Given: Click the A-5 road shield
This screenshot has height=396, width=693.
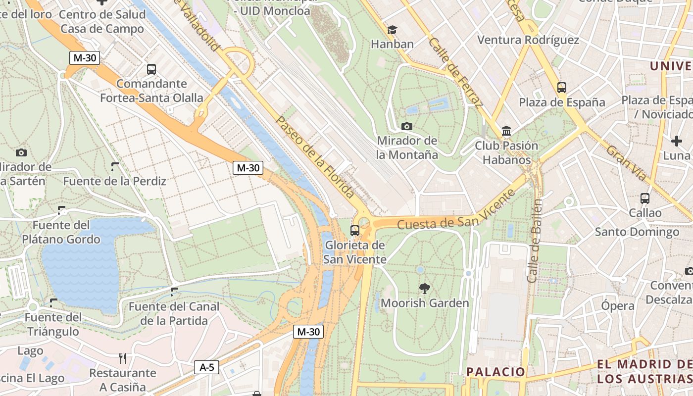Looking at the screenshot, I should pos(206,367).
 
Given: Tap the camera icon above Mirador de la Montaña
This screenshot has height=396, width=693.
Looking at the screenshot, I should pos(407,126).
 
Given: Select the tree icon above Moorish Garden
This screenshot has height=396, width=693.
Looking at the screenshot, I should pos(424,288).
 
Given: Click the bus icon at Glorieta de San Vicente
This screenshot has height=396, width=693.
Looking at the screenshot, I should pos(354,230).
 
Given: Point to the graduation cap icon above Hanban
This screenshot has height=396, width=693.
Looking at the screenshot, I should pos(392,30).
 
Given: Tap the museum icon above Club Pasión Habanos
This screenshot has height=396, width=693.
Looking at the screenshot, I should pos(506,131).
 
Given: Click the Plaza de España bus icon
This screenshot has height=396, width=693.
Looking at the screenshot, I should pos(561,88).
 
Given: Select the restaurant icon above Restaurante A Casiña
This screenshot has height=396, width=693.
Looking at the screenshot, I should pos(123,358).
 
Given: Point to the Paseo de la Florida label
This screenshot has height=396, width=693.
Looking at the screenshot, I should pos(315,157).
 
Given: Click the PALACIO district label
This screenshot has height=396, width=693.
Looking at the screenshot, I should pos(495,372).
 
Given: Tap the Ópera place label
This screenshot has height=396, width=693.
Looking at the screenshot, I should pos(618,306).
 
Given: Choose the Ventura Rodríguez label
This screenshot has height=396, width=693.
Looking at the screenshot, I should pos(528,40).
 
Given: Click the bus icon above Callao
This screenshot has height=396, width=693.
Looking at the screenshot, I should pos(644,198).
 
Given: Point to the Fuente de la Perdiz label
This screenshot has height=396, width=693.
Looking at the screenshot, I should pos(114,181).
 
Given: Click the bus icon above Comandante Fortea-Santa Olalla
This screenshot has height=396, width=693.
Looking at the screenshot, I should pos(151,69).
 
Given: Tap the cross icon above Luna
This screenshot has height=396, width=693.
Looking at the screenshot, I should pos(677,141).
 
